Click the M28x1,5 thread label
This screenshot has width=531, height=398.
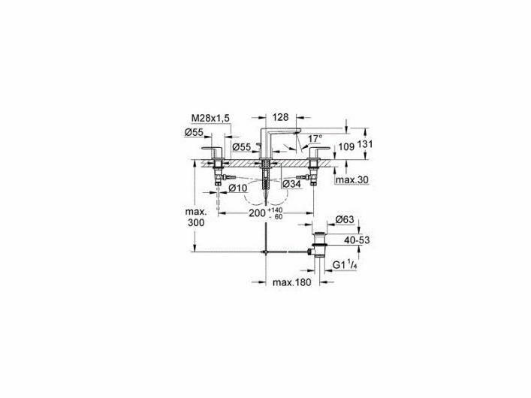[210, 118]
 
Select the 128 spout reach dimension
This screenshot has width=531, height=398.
[280, 117]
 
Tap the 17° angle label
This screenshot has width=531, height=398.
[315, 138]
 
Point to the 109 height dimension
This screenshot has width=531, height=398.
[346, 146]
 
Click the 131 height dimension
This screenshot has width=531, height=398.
[364, 144]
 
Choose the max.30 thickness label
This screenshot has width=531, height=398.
[352, 180]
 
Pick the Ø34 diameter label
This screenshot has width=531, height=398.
[291, 184]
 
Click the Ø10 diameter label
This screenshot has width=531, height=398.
[238, 188]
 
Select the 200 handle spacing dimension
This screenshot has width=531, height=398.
[257, 213]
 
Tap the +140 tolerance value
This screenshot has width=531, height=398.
[275, 211]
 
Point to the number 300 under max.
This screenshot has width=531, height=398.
[196, 223]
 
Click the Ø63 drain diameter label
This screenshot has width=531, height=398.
[345, 219]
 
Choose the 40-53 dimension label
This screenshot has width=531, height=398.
[357, 240]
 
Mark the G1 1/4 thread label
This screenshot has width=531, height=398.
[344, 265]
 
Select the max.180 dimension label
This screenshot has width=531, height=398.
[291, 282]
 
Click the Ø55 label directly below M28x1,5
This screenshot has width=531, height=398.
[194, 132]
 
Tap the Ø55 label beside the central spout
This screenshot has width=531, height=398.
[242, 146]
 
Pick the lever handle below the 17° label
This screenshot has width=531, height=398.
[318, 153]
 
